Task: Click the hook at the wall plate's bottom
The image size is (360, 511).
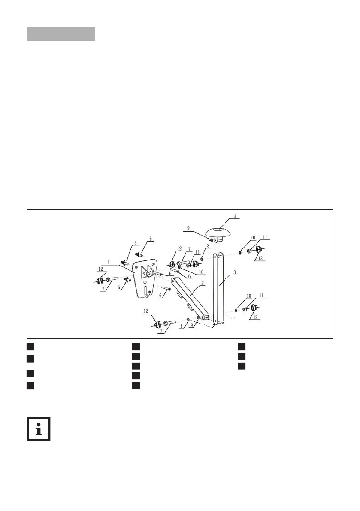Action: click(147, 293)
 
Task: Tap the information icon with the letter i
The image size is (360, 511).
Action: click(38, 429)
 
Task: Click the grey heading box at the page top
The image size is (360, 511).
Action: click(61, 34)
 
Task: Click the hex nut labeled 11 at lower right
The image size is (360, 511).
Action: click(245, 309)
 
